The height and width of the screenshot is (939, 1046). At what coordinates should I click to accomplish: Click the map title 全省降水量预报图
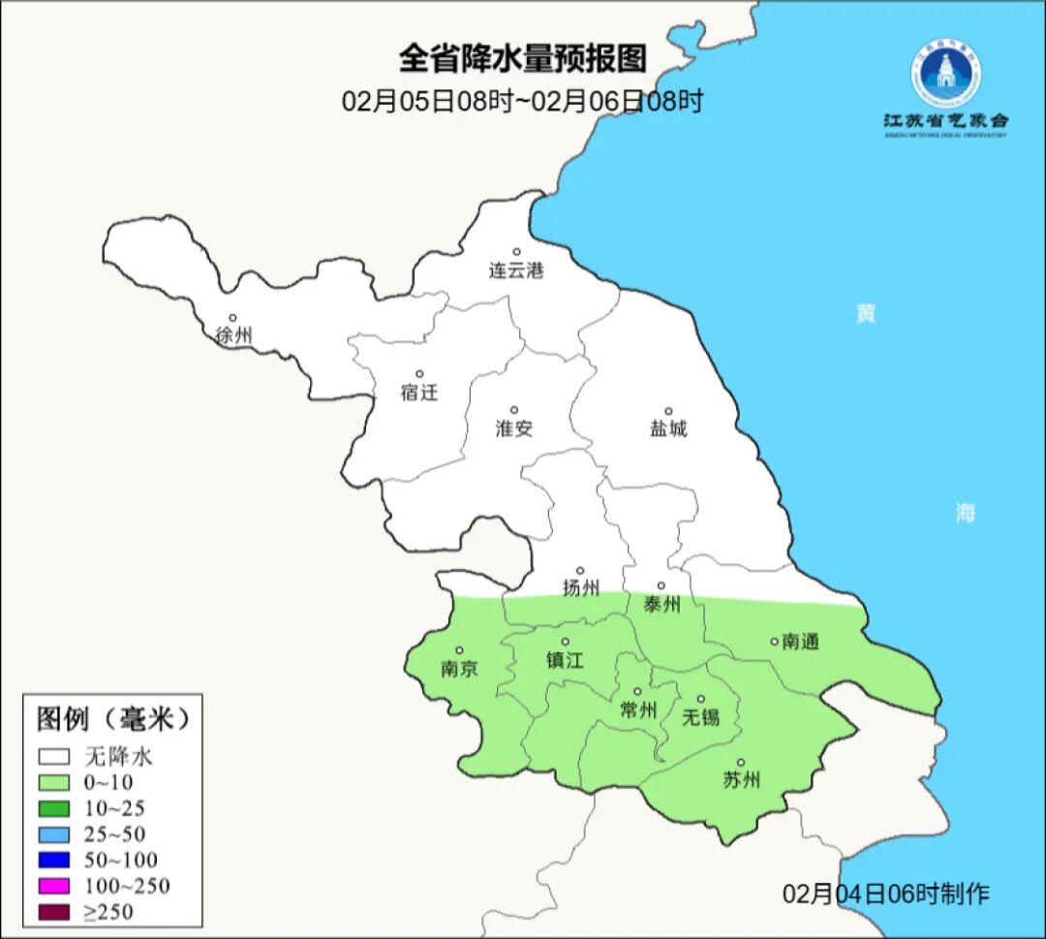[522, 59]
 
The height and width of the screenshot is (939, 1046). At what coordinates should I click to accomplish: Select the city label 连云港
[516, 271]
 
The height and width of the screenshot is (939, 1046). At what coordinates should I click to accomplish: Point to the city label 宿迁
[419, 392]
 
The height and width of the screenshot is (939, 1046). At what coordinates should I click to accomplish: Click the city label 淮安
[514, 428]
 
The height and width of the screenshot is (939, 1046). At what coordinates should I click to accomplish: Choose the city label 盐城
[667, 428]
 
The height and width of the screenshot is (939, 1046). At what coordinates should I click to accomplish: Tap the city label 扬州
[581, 587]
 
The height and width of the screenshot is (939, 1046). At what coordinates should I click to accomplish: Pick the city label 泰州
[661, 605]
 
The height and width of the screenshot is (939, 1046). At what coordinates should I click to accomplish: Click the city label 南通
[800, 642]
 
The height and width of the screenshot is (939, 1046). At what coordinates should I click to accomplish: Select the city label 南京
[459, 669]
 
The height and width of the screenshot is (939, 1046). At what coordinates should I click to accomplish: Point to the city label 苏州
[742, 780]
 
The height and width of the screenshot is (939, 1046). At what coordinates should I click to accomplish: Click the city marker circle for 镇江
[566, 642]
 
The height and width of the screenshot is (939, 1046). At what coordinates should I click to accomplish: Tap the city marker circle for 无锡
[700, 699]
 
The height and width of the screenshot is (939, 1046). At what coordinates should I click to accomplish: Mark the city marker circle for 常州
[637, 692]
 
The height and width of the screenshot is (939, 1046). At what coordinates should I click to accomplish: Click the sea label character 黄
[865, 314]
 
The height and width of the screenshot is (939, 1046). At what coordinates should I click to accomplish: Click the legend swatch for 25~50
[54, 834]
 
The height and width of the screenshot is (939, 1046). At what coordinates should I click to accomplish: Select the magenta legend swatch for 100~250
[54, 886]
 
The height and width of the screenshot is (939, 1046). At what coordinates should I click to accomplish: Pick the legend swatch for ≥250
[54, 911]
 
